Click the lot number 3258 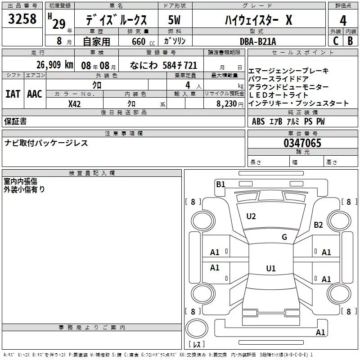(22, 19)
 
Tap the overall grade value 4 (343, 20)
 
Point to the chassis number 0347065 (302, 144)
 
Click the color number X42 (75, 103)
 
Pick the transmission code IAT (12, 94)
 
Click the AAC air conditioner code (34, 94)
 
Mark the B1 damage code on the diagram (220, 184)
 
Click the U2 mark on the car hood (251, 216)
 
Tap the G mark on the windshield (284, 237)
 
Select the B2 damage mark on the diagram (319, 225)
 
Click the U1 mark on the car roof (270, 269)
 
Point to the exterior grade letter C (335, 41)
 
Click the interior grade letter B (350, 41)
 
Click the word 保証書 (15, 121)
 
